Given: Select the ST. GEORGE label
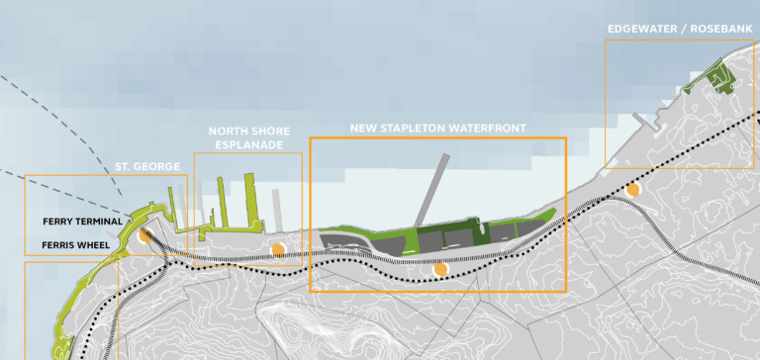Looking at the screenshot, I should (147, 167).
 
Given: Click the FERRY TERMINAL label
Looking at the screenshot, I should (83, 222).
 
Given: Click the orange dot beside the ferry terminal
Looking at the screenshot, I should (145, 235).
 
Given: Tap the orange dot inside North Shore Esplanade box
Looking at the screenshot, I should (279, 248).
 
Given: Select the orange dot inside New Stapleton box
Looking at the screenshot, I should (440, 268).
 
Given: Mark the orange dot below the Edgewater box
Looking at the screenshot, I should (632, 188).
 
